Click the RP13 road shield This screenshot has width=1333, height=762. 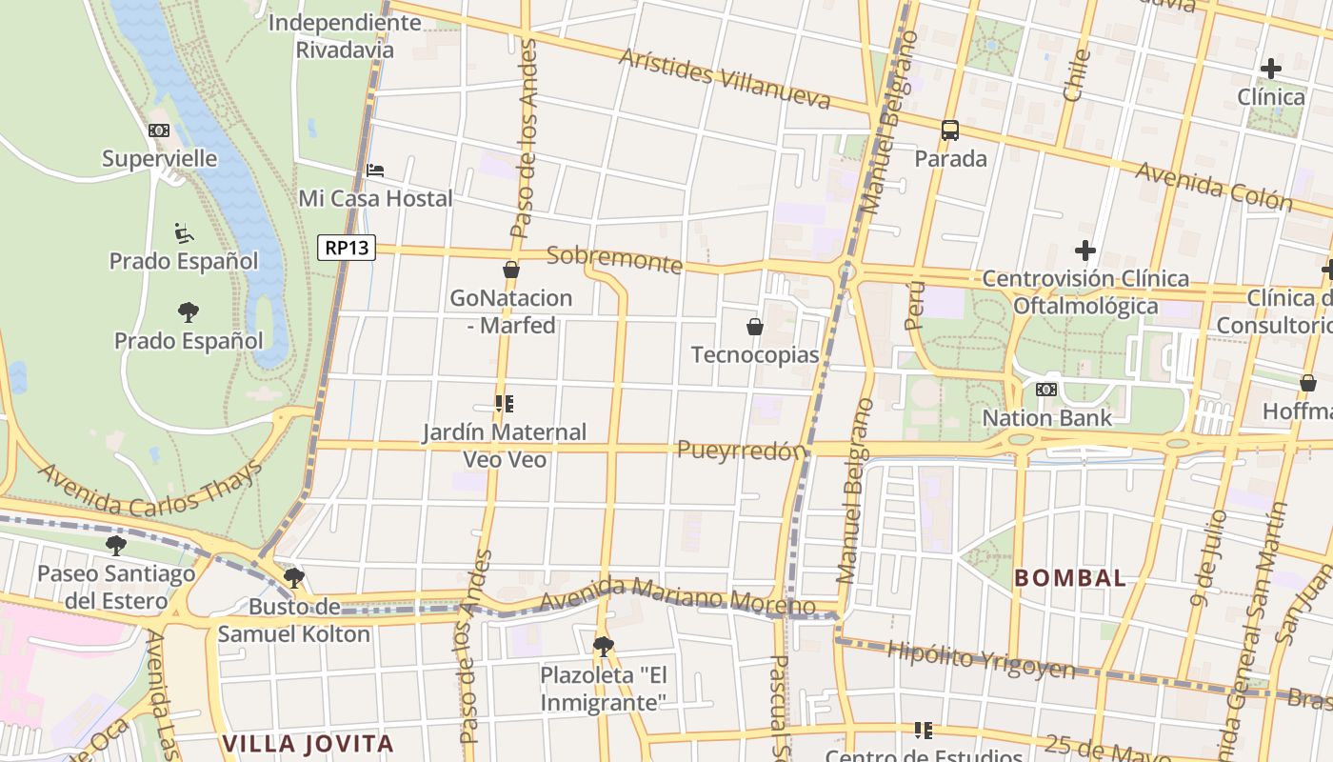coord(347,248)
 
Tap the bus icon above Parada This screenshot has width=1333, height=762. coord(949,130)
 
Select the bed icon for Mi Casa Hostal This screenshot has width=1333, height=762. coord(375,170)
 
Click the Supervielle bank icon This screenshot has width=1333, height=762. coord(159,130)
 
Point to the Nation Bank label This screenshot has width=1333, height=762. coord(1046,417)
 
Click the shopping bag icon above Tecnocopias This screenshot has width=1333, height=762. coord(755,327)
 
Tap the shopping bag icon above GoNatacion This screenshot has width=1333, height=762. coord(511,270)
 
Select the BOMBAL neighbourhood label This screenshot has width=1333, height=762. coord(1069,577)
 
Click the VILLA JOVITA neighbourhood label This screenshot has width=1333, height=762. coord(308,743)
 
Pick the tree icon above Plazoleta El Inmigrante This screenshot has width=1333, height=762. coord(603,647)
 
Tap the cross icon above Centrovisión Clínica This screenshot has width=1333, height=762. coord(1084,251)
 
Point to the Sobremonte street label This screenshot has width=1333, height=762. coord(615,259)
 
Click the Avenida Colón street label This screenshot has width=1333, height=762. coord(1214,186)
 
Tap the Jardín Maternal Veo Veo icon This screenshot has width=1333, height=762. coord(505,404)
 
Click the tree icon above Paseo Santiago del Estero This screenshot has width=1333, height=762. coord(116,546)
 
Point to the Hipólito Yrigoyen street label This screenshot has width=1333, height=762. coord(981,659)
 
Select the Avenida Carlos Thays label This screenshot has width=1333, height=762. coord(149,489)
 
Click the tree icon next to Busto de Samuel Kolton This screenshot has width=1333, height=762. coord(294,577)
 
